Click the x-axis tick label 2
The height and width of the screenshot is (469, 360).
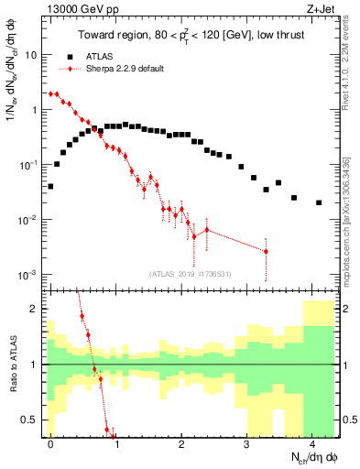pyautogui.click(x=181, y=443)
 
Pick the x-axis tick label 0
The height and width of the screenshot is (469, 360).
pyautogui.click(x=50, y=443)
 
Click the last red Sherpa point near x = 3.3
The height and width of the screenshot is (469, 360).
pyautogui.click(x=266, y=251)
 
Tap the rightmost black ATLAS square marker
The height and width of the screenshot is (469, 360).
pyautogui.click(x=319, y=202)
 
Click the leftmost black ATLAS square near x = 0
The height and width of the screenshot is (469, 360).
pyautogui.click(x=50, y=186)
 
